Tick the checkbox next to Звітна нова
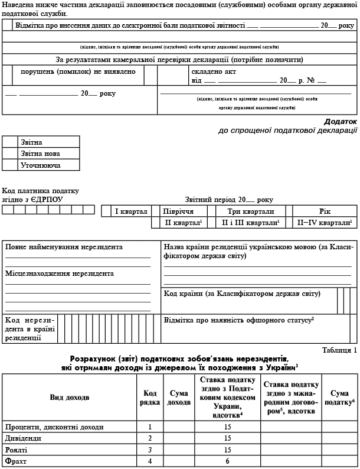[x=10, y=154]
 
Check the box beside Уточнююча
[x=10, y=165]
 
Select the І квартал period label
[x=130, y=211]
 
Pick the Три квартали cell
[x=250, y=211]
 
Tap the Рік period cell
[x=325, y=211]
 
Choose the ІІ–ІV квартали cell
[x=324, y=223]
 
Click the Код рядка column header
[x=150, y=398]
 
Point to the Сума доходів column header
[x=179, y=398]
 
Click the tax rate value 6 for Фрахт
[x=227, y=460]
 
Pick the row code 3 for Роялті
[x=150, y=449]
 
